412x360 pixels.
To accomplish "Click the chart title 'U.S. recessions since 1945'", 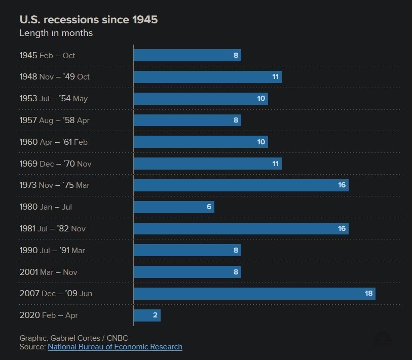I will click(89, 20).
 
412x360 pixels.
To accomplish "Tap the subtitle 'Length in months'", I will click(56, 33).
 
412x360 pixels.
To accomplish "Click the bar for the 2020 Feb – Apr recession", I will click(147, 315).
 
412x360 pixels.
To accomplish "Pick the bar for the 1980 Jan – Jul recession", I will click(174, 207).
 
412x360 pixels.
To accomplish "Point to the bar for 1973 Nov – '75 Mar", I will click(241, 185).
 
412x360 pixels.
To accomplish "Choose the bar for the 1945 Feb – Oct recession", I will click(187, 55).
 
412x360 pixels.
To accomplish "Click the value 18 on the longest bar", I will click(368, 294).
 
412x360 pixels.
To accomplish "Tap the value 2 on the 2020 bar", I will click(155, 315).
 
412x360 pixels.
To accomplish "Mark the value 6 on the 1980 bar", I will click(208, 207).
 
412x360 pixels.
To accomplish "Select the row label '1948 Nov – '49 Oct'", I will click(54, 77).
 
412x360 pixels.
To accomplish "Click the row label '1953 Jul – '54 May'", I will click(53, 99).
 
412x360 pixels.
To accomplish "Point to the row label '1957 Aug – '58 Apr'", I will click(54, 121).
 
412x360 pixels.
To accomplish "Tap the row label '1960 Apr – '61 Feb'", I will click(53, 142).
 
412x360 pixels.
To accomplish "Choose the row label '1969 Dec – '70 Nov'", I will click(55, 164).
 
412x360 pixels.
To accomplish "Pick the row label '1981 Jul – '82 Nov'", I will click(52, 229).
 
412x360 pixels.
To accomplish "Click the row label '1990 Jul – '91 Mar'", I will click(52, 251).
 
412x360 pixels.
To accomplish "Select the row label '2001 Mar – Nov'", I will click(48, 272).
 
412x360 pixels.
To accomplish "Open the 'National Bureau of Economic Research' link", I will click(115, 347).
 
